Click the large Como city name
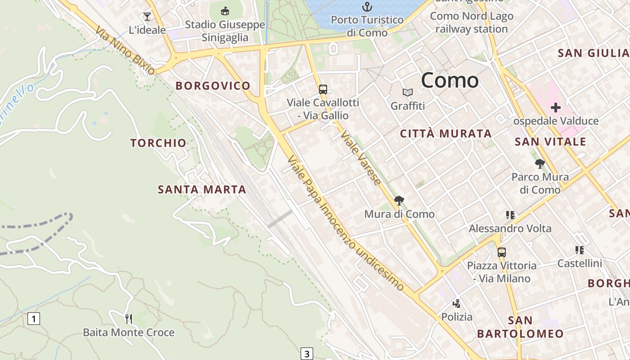[x=450, y=81]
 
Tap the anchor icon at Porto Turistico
[x=368, y=7]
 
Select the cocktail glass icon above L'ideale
[x=147, y=17]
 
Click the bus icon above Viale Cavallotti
[x=323, y=89]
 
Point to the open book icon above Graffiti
[x=408, y=93]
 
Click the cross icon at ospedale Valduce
[x=556, y=108]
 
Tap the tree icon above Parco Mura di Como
[x=540, y=164]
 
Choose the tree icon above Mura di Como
[x=399, y=201]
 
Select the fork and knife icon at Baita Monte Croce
[x=129, y=319]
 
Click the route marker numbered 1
[x=34, y=319]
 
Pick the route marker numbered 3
[x=306, y=354]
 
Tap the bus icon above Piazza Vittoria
[x=501, y=252]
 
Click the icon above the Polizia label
[x=457, y=304]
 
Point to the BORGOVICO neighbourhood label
[x=213, y=86]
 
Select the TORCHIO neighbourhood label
[x=158, y=143]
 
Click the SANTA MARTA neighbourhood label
[x=202, y=189]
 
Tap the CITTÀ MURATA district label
[x=446, y=134]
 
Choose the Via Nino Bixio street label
[x=125, y=49]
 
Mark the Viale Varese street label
[x=361, y=157]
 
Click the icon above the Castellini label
[x=580, y=250]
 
